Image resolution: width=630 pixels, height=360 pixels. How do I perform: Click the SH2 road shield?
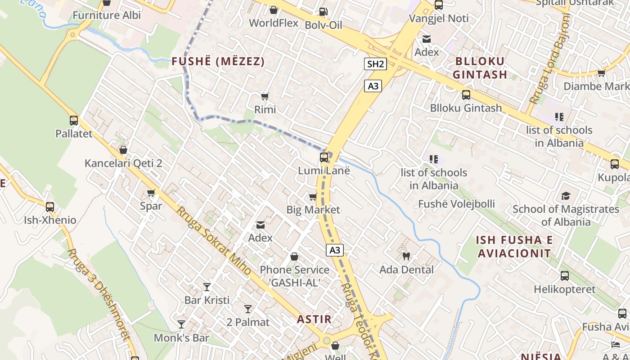pyautogui.click(x=375, y=64)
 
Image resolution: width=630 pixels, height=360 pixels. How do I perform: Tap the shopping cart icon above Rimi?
pyautogui.click(x=265, y=96)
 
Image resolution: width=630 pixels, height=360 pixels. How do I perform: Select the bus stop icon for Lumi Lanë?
pyautogui.click(x=324, y=157)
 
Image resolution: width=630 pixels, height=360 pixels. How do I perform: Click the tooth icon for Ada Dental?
pyautogui.click(x=406, y=256)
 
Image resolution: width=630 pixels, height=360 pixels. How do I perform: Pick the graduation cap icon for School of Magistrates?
pyautogui.click(x=566, y=196)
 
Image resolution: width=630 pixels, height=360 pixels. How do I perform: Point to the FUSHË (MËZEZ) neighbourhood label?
pyautogui.click(x=218, y=62)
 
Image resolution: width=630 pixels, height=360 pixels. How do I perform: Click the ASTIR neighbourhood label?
pyautogui.click(x=314, y=319)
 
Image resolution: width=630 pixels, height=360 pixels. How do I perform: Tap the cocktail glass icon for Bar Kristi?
pyautogui.click(x=207, y=287)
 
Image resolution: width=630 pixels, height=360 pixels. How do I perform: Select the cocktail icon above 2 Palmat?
pyautogui.click(x=248, y=309)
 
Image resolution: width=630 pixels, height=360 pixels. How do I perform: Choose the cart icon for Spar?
pyautogui.click(x=151, y=193)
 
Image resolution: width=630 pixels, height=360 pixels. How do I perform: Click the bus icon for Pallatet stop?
pyautogui.click(x=74, y=121)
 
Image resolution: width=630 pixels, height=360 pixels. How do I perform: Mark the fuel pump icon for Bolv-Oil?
pyautogui.click(x=323, y=12)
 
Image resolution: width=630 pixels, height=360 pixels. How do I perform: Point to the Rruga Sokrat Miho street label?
pyautogui.click(x=213, y=241)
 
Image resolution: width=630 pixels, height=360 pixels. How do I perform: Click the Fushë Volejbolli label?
pyautogui.click(x=456, y=204)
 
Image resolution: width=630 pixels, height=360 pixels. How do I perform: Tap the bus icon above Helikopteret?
pyautogui.click(x=565, y=276)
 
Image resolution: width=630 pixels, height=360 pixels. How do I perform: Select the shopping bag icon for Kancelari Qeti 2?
pyautogui.click(x=123, y=150)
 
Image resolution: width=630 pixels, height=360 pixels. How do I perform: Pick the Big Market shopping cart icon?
pyautogui.click(x=313, y=197)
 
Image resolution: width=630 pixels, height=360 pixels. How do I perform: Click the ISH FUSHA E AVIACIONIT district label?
pyautogui.click(x=514, y=247)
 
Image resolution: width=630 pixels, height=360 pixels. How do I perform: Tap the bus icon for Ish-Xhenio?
pyautogui.click(x=50, y=207)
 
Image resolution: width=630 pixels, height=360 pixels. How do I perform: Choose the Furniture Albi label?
pyautogui.click(x=107, y=15)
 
